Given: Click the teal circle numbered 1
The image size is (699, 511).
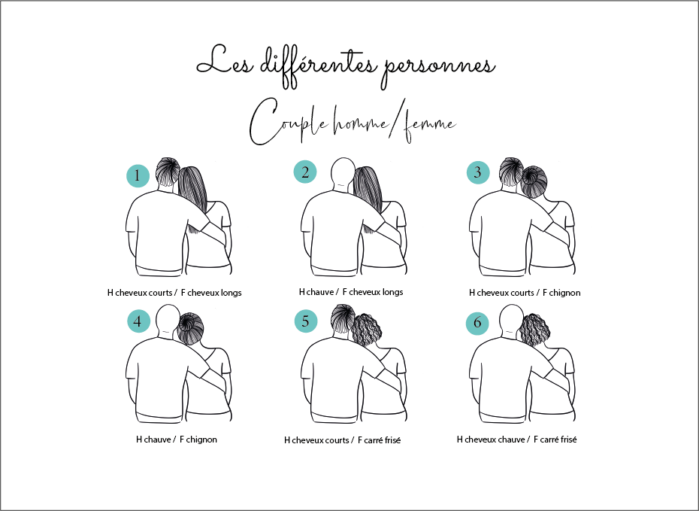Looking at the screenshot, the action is pos(138,175).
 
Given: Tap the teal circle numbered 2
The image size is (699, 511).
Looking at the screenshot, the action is pos(305,172).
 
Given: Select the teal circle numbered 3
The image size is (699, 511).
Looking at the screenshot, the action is pos(478,172).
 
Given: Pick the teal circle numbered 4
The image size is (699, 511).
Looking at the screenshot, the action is pos(138,321).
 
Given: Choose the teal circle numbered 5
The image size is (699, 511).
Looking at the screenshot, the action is pos(306,321).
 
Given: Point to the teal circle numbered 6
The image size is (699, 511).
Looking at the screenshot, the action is pos(477,323).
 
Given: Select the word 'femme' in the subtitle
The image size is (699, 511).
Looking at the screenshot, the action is pos(430,126).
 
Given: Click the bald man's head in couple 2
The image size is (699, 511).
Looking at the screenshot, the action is pos(343,173).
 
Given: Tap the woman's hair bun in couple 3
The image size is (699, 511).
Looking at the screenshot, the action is pos(534,181).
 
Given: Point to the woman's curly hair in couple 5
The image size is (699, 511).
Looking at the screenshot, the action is pos(368,330).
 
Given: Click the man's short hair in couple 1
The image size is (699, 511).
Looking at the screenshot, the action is pos(168,171).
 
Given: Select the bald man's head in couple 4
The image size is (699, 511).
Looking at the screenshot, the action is pos(168,319).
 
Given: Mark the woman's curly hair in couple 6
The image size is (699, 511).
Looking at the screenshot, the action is pos(535,330).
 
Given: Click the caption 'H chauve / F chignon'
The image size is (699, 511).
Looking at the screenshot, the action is pos(177,440).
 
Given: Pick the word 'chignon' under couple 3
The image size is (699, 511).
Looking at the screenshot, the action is pos(564,293).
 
